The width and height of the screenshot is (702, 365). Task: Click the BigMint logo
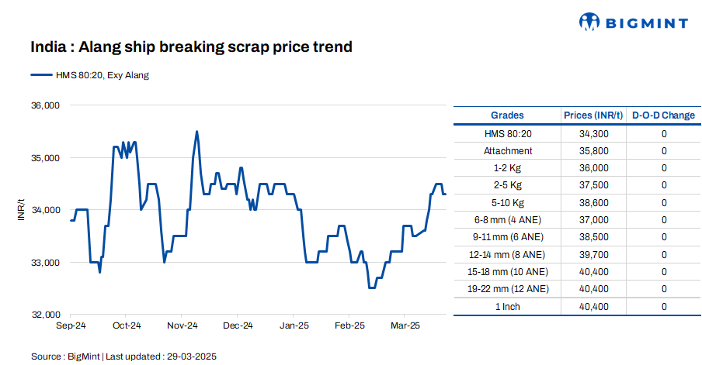coord(634,22)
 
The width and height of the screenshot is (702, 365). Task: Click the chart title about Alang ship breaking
coord(192,47)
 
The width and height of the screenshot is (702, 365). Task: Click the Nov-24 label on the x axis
coord(182,325)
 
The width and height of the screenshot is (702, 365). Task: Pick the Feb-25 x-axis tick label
coord(349,325)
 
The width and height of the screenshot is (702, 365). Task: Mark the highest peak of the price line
coord(196,132)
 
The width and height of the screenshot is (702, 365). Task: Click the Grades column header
coord(507,115)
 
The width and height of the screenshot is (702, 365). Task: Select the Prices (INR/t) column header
coord(593,115)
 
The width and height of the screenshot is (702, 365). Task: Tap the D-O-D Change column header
coord(663,115)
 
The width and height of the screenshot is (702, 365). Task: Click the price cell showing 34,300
coord(593,134)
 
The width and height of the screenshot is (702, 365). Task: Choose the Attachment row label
coord(507,151)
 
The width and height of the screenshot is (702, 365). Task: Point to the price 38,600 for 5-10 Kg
coord(593,203)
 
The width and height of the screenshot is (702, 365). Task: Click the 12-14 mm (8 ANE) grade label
coord(507,254)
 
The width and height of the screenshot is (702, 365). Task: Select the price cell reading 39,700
coord(593,254)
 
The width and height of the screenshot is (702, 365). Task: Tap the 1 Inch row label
coord(507,307)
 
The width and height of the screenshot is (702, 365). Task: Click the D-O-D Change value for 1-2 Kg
coord(664,168)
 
